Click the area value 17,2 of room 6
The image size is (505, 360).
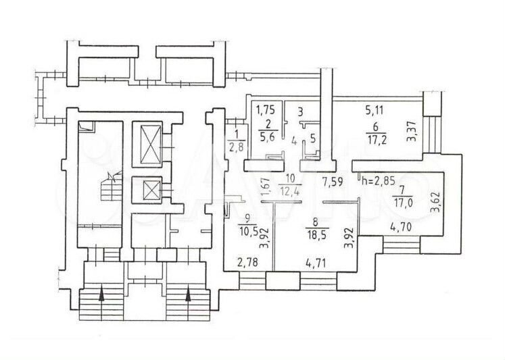(x=375, y=140)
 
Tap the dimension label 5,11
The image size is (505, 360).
(x=375, y=111)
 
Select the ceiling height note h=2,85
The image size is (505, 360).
(x=379, y=180)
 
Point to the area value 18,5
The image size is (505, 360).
(x=315, y=234)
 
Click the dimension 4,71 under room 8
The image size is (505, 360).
(x=315, y=263)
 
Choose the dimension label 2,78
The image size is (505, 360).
(x=247, y=263)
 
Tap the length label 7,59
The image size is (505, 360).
(x=333, y=183)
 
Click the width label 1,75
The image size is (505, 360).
(x=266, y=110)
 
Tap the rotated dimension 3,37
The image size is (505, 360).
(x=413, y=132)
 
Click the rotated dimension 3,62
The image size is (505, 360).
(x=436, y=203)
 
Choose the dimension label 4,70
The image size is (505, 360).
(x=401, y=228)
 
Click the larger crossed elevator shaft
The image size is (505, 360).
(x=147, y=145)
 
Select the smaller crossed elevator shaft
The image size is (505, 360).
(x=147, y=190)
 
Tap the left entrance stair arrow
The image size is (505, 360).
(x=101, y=294)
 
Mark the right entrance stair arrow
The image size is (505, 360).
(x=188, y=294)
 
